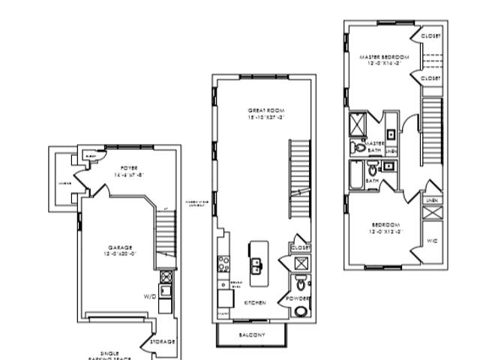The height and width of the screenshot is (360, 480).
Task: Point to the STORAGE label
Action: coord(163,341)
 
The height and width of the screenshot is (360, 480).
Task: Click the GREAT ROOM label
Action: coord(266,110)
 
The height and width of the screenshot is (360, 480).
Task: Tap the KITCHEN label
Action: coord(255,302)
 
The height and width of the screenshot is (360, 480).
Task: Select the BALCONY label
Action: coord(252,334)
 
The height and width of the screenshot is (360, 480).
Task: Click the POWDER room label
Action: coord(298,298)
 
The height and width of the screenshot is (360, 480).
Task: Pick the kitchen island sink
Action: coord(256,264)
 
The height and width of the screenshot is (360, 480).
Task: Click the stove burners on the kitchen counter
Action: coord(223,263)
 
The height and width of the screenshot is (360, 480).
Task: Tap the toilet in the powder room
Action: coord(300,284)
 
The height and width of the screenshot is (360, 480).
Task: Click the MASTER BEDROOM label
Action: coord(383,57)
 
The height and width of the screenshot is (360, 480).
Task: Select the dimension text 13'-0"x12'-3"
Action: coord(384,232)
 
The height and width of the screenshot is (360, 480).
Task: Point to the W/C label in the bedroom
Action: coord(432,241)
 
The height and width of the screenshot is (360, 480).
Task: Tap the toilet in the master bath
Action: coord(359,148)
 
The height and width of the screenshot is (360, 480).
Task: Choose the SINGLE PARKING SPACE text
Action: coord(113,353)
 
